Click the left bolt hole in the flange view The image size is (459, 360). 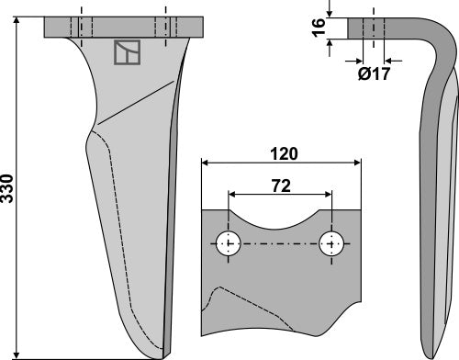click(x=229, y=245)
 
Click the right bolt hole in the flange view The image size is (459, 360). click(x=331, y=245)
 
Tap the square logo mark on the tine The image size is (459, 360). click(x=127, y=54)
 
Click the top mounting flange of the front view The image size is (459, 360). click(x=124, y=25)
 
